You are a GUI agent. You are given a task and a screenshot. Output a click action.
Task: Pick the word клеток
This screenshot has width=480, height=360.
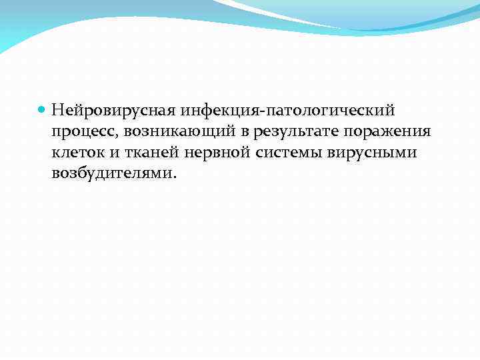coord(76,153)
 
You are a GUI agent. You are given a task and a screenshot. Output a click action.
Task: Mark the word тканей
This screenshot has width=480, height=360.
coord(145,153)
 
